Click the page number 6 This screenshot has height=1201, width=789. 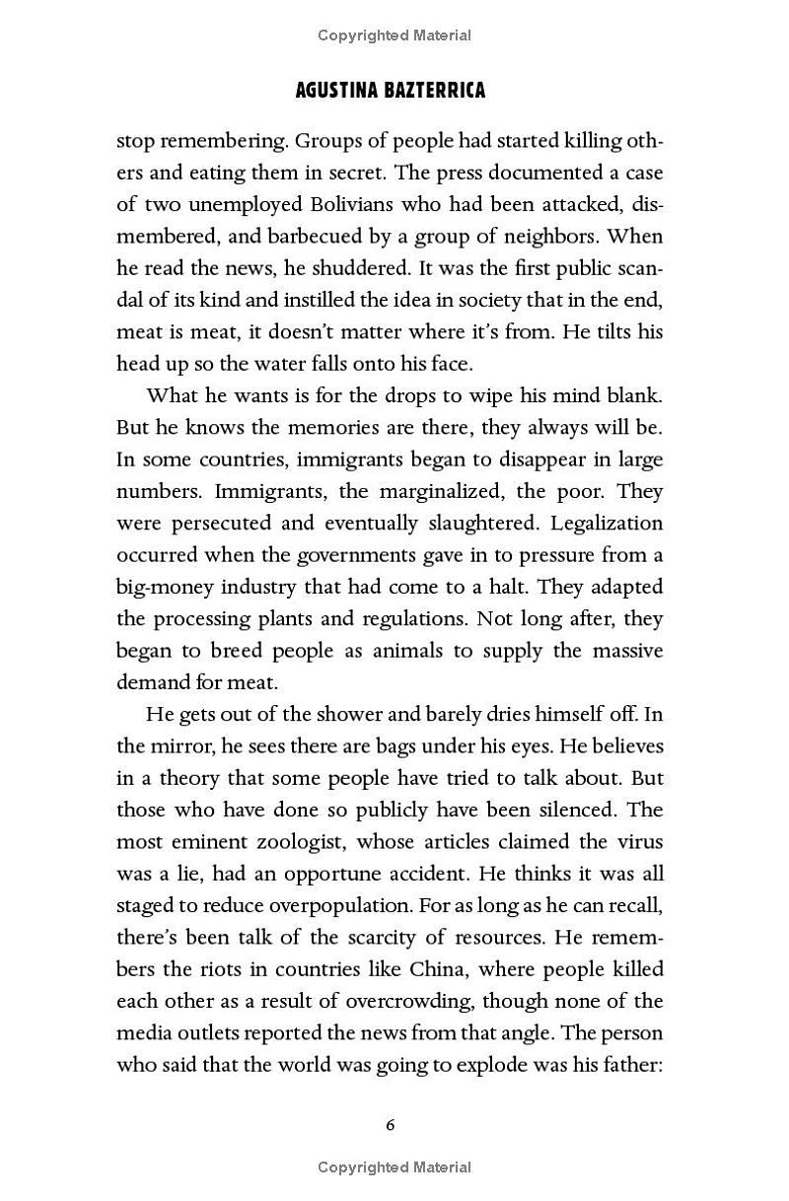[391, 1125]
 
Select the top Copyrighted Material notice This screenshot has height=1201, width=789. [394, 35]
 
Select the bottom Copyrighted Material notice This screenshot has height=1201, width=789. [394, 1167]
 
